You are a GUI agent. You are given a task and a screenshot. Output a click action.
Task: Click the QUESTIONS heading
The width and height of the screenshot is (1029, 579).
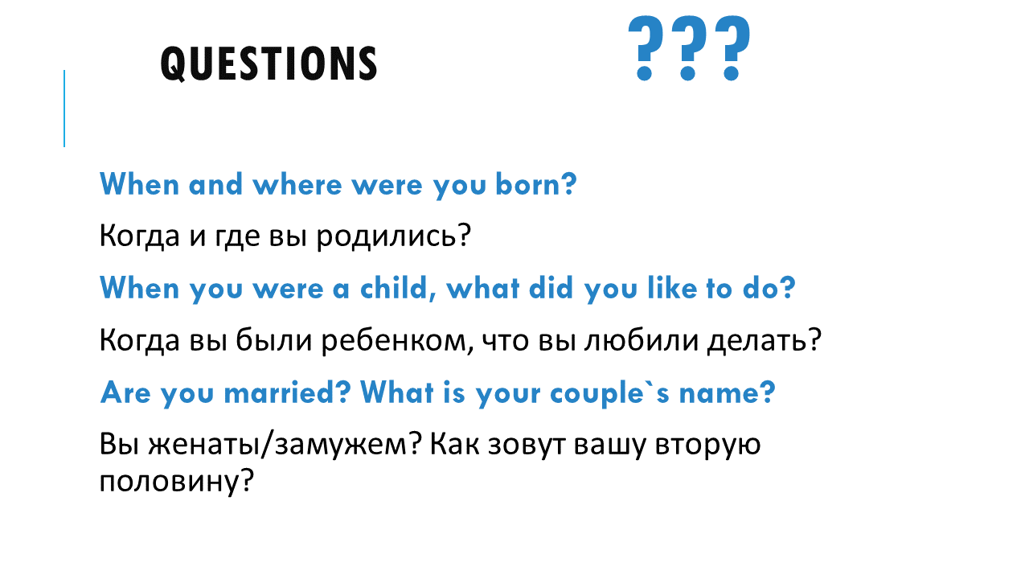[269, 64]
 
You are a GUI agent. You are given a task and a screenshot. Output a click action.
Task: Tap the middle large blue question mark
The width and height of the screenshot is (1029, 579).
[688, 48]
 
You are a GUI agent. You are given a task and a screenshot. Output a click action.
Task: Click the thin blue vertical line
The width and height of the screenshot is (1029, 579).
[64, 109]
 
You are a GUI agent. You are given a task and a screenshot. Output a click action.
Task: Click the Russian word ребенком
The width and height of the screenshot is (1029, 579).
[397, 340]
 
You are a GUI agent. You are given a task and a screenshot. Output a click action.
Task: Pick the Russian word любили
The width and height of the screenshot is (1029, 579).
[642, 340]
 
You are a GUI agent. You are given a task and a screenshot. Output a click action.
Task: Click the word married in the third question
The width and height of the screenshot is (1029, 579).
[287, 393]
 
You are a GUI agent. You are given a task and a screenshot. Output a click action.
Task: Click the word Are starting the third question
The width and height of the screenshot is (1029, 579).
[125, 393]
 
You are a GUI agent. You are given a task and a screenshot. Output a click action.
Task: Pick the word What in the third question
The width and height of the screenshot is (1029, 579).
[397, 393]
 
